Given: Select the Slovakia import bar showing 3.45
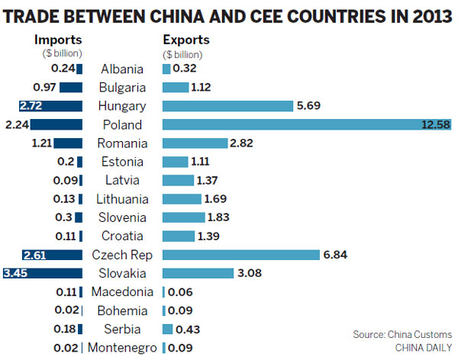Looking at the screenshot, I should click(42, 273).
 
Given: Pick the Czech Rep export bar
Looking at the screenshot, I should click(240, 254).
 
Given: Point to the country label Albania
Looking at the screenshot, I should click(119, 69).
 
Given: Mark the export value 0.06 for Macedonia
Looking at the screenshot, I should click(180, 291).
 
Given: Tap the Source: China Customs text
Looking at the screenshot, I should click(402, 334).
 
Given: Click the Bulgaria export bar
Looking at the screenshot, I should click(175, 87).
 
